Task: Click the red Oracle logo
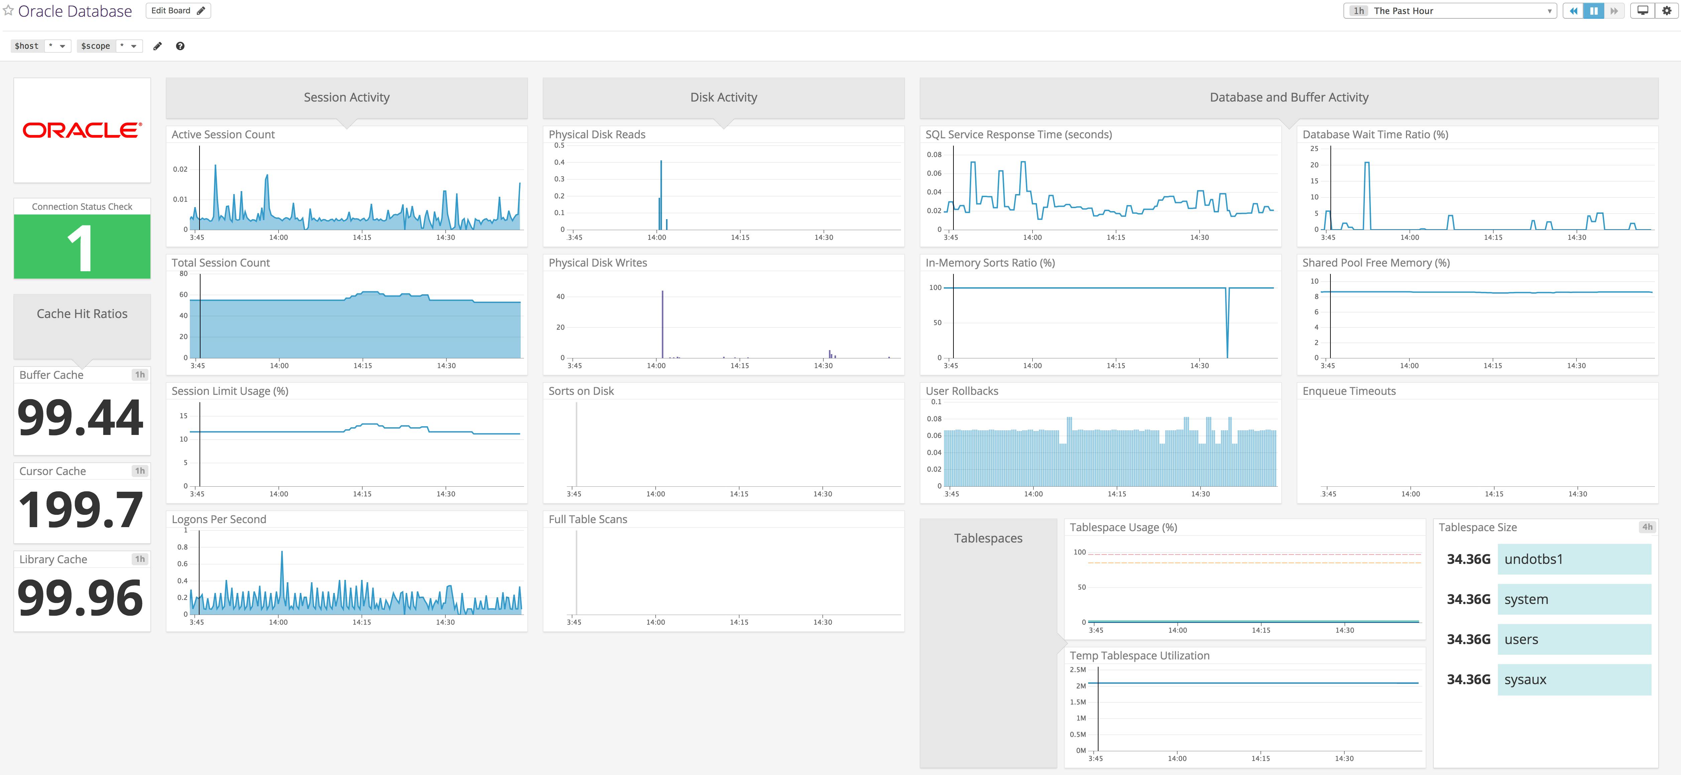(x=82, y=131)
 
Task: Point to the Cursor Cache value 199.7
(x=81, y=509)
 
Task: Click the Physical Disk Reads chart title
(x=597, y=134)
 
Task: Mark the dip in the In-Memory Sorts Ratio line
(x=1227, y=339)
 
